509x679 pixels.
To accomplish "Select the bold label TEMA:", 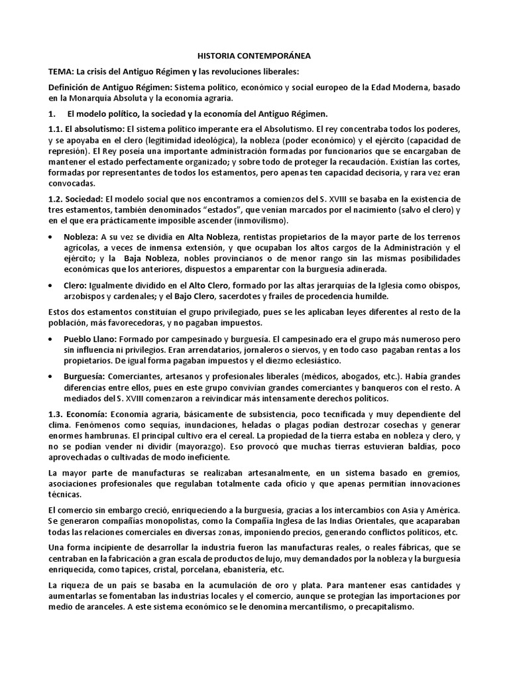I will [61, 72].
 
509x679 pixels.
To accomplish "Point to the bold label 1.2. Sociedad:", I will [76, 199].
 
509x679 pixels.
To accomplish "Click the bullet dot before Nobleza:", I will [53, 237].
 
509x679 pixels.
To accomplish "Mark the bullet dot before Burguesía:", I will [53, 376].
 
